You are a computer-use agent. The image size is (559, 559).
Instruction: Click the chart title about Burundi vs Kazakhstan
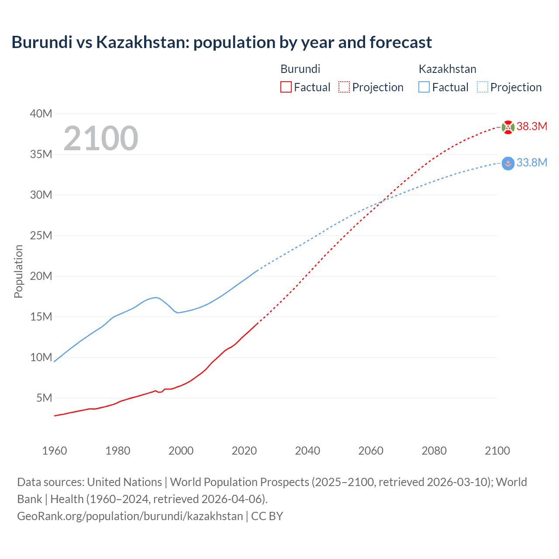(221, 42)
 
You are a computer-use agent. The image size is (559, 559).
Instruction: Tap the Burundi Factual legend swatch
(286, 87)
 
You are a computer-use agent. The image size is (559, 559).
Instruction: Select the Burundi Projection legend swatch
(344, 87)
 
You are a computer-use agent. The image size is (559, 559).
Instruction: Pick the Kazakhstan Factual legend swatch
(424, 87)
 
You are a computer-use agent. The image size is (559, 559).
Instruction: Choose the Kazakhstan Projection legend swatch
(482, 87)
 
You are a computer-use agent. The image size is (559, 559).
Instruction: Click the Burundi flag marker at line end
(508, 127)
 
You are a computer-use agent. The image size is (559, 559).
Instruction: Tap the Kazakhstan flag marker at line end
(508, 163)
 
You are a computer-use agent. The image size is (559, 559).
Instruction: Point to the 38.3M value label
(531, 127)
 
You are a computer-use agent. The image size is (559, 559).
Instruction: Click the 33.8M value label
(531, 163)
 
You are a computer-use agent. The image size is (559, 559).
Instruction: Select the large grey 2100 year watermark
(101, 138)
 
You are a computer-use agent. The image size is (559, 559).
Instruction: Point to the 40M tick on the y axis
(41, 114)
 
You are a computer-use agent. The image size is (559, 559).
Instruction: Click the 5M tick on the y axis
(44, 398)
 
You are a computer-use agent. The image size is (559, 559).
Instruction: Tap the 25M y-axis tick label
(41, 236)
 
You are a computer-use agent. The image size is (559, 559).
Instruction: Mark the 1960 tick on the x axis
(55, 451)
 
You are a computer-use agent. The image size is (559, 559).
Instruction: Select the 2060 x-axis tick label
(371, 451)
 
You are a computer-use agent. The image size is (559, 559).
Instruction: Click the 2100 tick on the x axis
(497, 451)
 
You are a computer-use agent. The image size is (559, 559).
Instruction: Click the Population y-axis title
(18, 271)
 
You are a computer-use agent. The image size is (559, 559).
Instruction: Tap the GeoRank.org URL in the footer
(130, 516)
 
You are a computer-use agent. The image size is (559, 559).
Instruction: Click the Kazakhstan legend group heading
(447, 69)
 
